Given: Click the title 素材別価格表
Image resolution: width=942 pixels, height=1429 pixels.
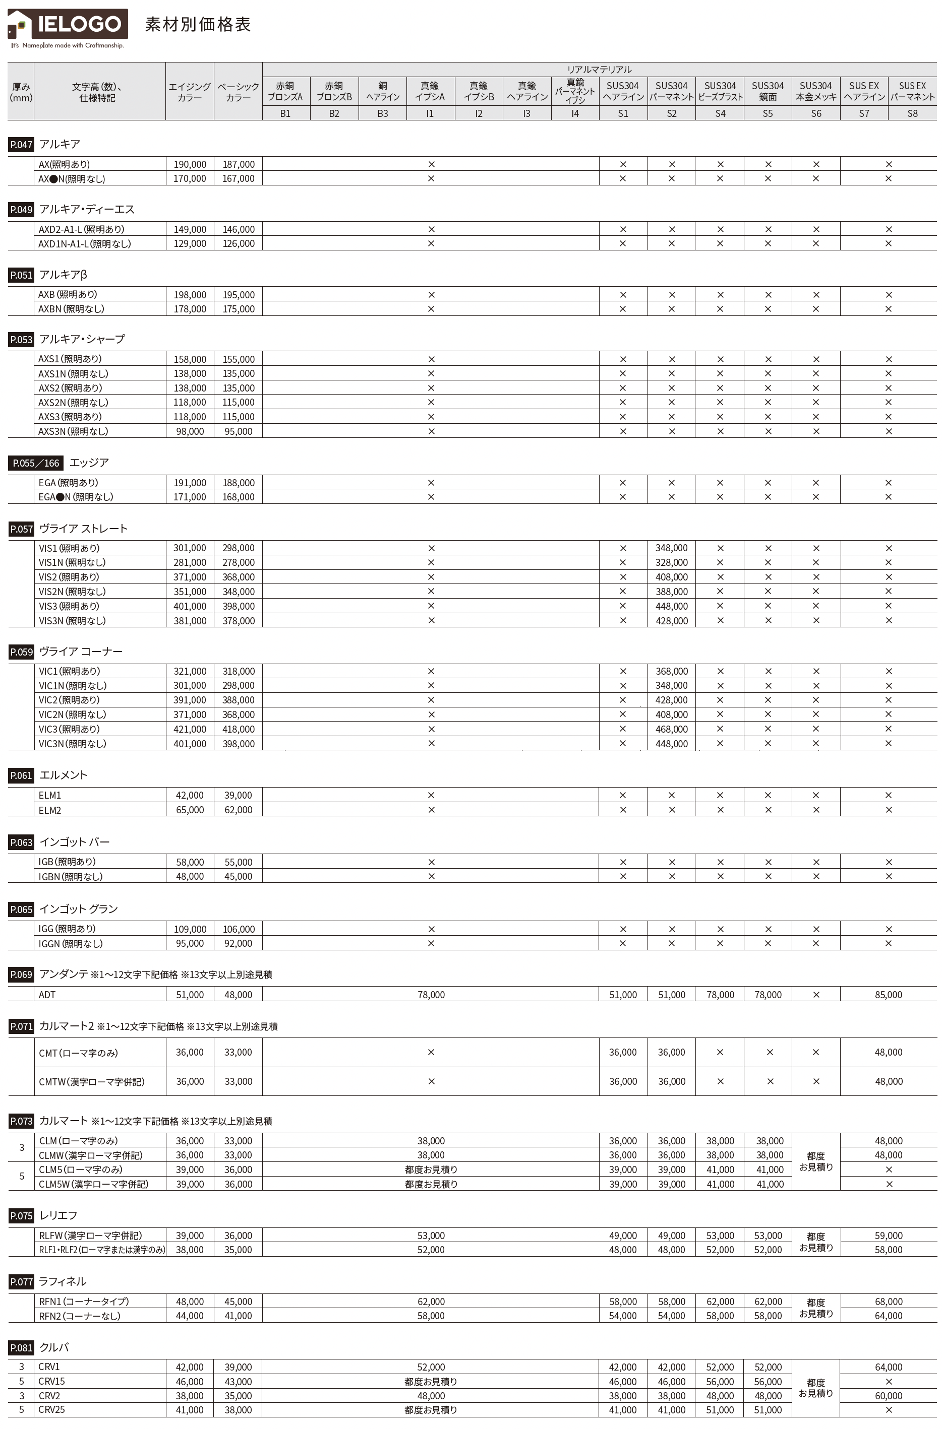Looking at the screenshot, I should [x=198, y=25].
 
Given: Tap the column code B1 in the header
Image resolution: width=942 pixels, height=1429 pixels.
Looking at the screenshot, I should [x=285, y=113].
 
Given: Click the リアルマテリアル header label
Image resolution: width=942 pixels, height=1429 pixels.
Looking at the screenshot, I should [x=599, y=70].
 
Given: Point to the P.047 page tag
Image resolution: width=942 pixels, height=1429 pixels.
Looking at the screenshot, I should [x=21, y=145].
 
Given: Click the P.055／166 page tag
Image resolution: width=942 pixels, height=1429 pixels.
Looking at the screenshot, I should [x=36, y=463].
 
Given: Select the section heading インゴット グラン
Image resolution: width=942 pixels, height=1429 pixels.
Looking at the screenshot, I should [x=78, y=909].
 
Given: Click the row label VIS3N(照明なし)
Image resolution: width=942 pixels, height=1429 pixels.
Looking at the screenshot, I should [x=72, y=621].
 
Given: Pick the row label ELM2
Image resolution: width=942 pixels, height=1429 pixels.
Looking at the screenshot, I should [x=50, y=810].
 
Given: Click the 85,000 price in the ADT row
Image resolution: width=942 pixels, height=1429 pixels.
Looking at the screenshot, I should [x=888, y=995].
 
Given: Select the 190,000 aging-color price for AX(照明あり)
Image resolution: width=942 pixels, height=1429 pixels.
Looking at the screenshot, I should [x=190, y=164].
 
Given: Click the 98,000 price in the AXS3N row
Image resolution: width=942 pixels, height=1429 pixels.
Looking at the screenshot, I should [x=190, y=431].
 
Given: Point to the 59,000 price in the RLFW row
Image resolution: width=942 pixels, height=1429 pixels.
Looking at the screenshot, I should [x=888, y=1236].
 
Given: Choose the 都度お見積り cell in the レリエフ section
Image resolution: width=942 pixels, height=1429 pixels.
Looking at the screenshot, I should [x=815, y=1242].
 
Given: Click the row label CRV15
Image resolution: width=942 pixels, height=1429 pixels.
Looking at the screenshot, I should [x=51, y=1382].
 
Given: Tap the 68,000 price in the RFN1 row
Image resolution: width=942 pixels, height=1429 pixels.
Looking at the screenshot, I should [x=888, y=1302].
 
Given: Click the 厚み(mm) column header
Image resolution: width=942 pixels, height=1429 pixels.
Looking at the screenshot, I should [x=21, y=92].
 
